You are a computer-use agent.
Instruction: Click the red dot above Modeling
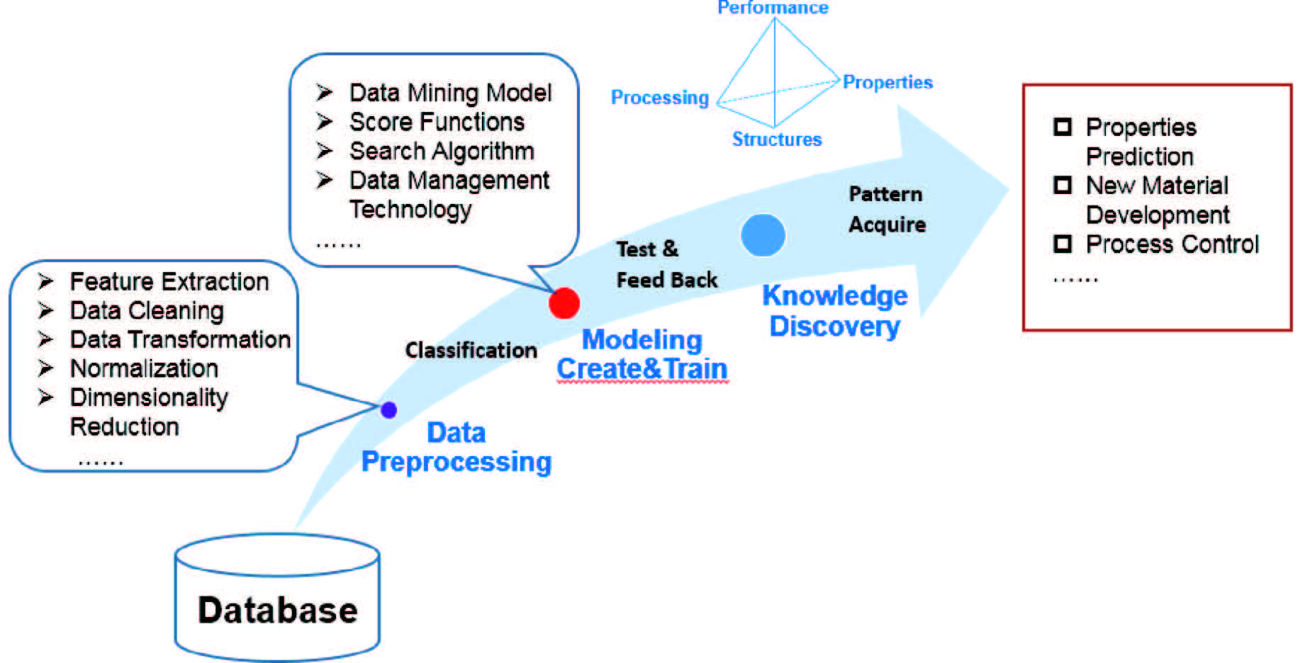click(564, 303)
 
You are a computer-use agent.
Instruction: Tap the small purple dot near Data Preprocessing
click(388, 409)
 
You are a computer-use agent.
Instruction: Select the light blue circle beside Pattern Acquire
click(763, 235)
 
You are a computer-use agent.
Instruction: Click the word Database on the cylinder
click(278, 611)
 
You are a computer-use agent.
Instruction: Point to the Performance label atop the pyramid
click(773, 8)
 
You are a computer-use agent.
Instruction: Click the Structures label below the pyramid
click(777, 140)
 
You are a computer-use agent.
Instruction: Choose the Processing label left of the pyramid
click(660, 98)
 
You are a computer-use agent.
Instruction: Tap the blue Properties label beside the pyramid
click(887, 83)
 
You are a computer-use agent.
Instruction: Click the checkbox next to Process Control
click(1063, 244)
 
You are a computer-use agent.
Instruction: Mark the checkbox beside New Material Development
click(1063, 186)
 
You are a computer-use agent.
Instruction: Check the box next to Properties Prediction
click(1063, 127)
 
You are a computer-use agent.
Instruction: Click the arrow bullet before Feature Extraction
click(46, 282)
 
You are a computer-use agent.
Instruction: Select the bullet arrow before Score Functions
click(325, 122)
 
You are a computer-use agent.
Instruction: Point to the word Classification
click(471, 350)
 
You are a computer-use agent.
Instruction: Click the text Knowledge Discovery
click(835, 311)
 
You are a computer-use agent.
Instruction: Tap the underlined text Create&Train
click(642, 369)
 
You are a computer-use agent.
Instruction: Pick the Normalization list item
click(144, 368)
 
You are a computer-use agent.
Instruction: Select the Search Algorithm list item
click(442, 151)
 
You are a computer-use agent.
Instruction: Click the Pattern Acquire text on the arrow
click(887, 209)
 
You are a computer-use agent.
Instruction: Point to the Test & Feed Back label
click(666, 264)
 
